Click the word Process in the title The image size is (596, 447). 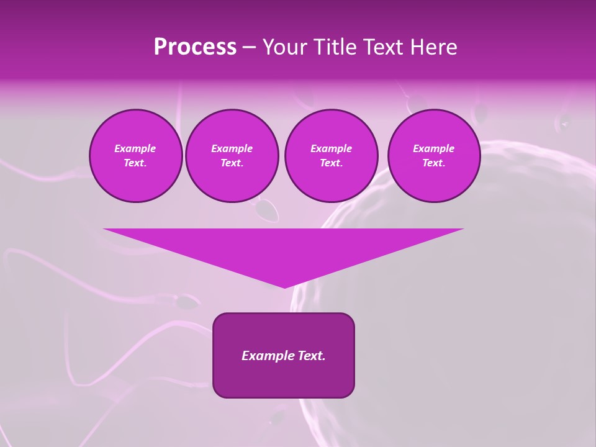(195, 47)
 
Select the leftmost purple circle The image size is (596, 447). (135, 156)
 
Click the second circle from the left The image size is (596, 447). (232, 156)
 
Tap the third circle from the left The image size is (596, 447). (331, 156)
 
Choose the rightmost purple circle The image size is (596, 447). (433, 156)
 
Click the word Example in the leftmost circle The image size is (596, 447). (135, 148)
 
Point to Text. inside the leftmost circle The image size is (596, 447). (135, 163)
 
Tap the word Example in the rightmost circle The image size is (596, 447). (433, 148)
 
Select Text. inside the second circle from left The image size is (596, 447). (232, 163)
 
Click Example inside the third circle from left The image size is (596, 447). (331, 148)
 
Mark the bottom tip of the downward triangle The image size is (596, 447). (284, 287)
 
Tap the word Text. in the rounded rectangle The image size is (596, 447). (310, 356)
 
